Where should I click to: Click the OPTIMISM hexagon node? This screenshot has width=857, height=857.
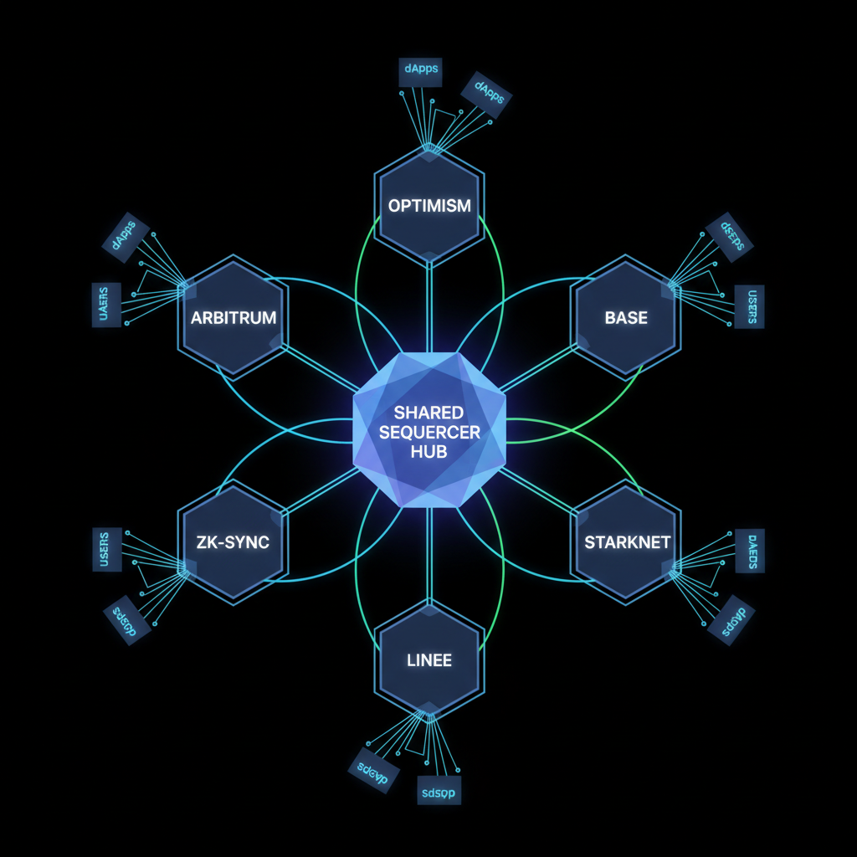428,204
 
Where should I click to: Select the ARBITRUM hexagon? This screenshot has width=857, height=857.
233,318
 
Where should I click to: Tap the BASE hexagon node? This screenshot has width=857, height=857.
625,318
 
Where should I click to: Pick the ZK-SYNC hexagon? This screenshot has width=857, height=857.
233,542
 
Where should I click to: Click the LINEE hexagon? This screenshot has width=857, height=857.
428,659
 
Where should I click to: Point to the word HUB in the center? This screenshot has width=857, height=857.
429,451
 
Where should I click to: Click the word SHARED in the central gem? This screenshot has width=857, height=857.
429,414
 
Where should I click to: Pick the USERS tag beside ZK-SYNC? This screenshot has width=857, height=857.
106,549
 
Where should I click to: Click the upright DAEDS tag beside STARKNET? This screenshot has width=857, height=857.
750,551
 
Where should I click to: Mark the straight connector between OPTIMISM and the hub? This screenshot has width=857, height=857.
428,305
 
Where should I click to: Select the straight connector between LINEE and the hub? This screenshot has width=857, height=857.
428,552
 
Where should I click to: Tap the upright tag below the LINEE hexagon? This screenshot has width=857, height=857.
439,790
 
